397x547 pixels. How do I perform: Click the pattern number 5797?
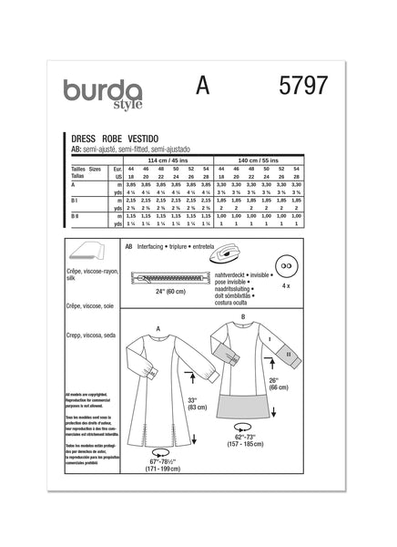click(x=301, y=88)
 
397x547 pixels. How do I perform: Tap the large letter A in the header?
click(x=202, y=88)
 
